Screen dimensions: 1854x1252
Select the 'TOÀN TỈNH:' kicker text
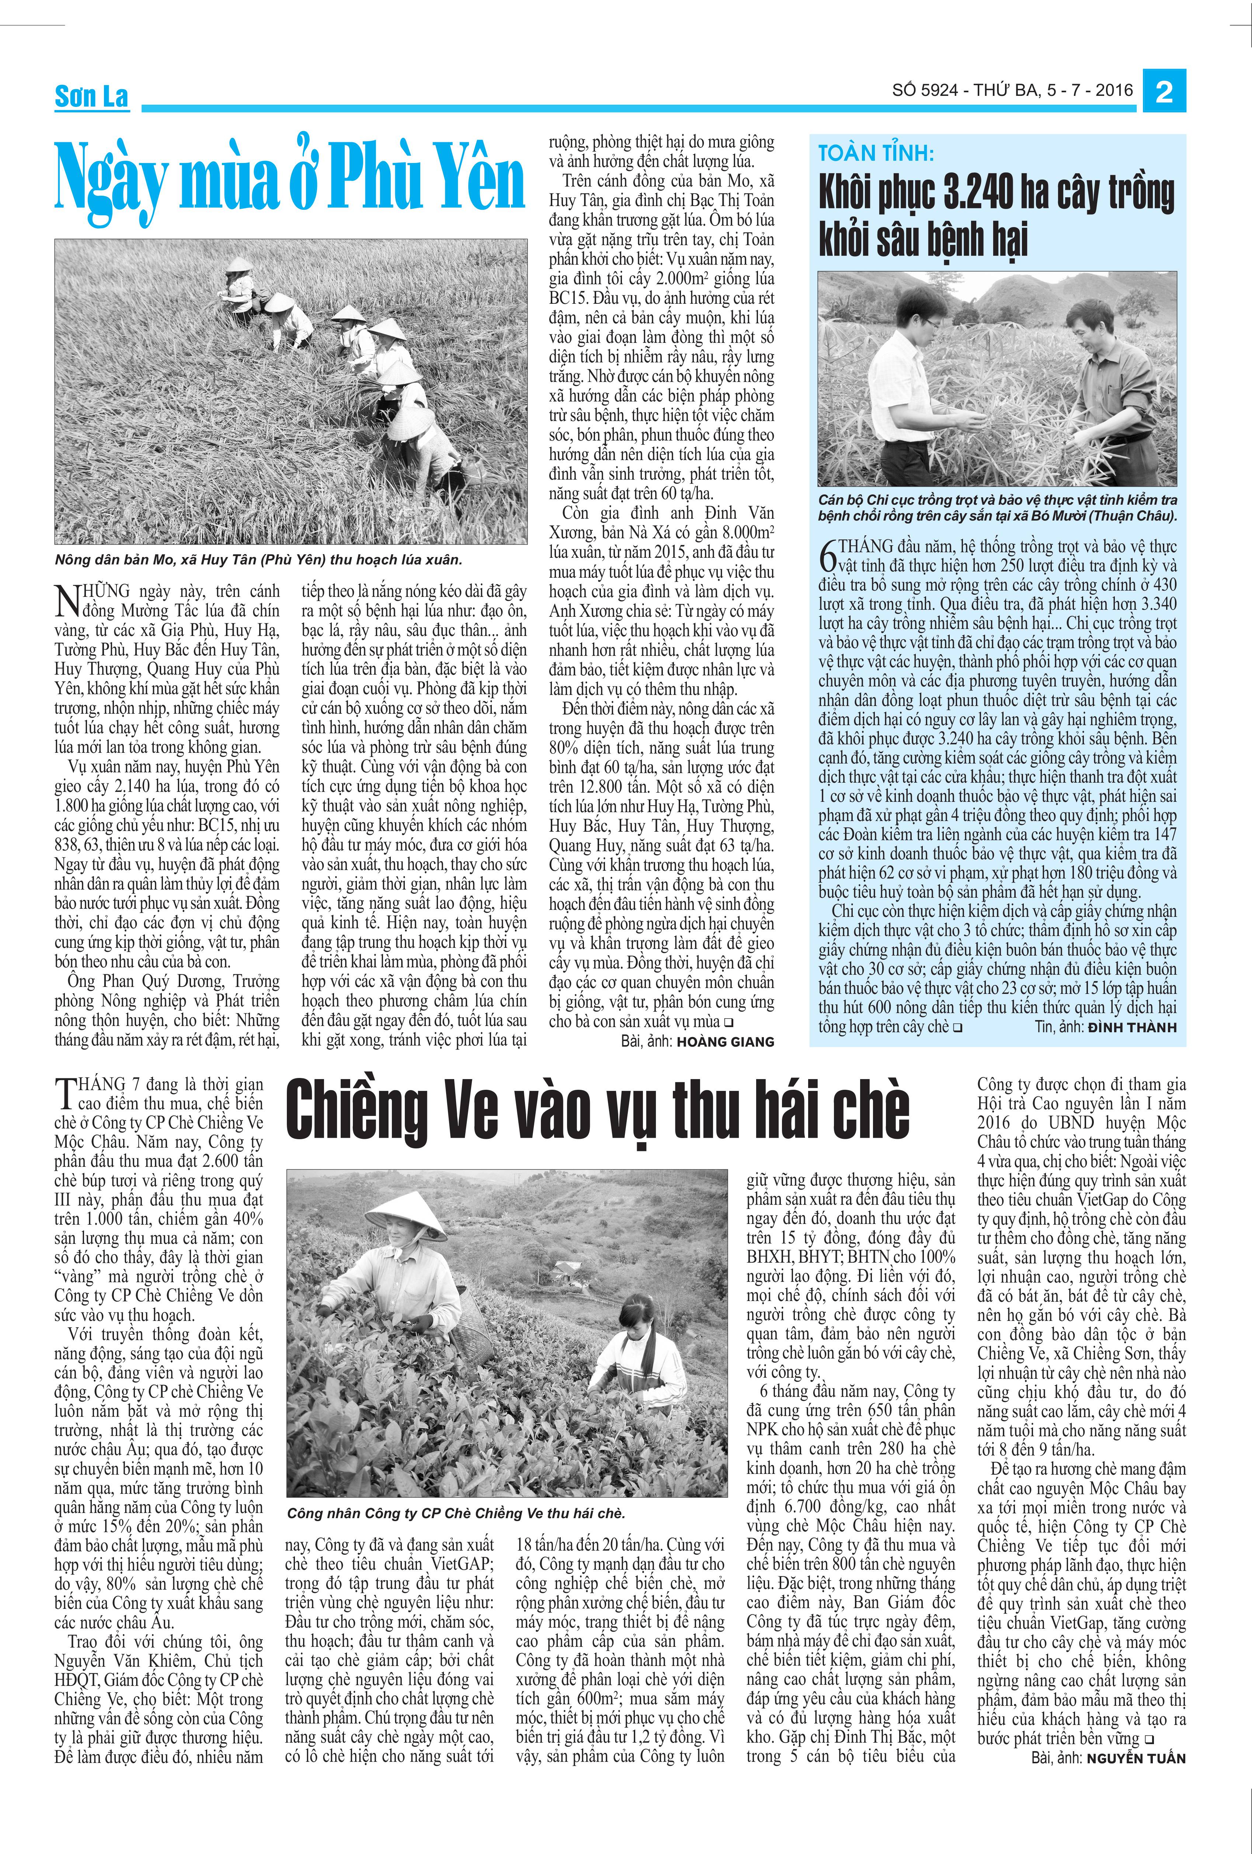[x=875, y=153]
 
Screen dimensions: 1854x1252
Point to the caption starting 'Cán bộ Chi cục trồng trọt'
[x=998, y=507]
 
